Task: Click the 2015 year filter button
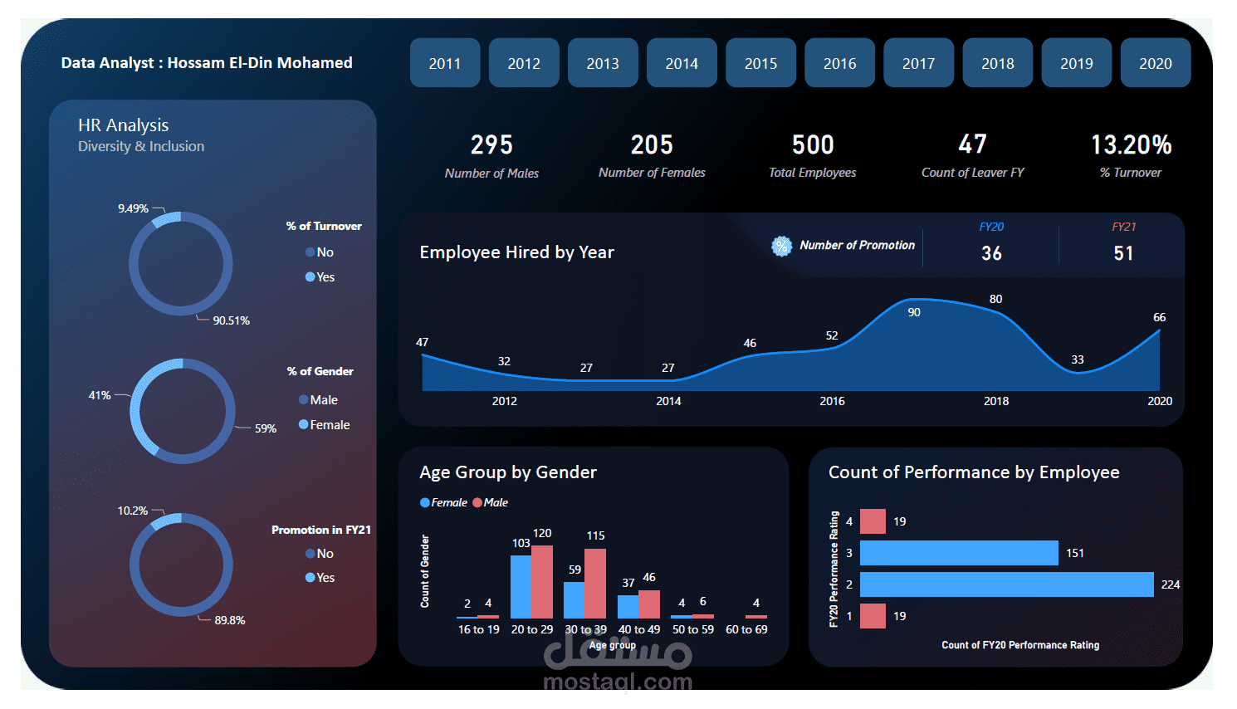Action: tap(760, 63)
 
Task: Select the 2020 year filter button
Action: tap(1155, 63)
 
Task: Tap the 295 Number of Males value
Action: tap(491, 145)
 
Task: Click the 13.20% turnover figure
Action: tap(1131, 145)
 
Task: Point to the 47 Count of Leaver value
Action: tap(972, 144)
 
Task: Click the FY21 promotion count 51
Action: tap(1123, 253)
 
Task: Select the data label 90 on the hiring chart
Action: tap(913, 312)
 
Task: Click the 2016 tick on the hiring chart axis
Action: tap(832, 401)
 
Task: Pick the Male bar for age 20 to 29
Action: tap(542, 581)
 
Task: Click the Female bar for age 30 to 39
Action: tap(574, 599)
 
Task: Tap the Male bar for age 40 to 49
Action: tap(649, 604)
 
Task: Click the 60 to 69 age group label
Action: tap(746, 629)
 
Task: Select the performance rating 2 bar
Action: tap(1006, 584)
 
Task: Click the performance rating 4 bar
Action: tap(873, 521)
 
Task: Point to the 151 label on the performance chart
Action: tap(1074, 553)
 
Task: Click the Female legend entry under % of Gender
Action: tap(329, 425)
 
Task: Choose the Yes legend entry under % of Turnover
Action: tap(325, 277)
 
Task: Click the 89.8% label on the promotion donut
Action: tap(229, 620)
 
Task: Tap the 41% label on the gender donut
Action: tap(100, 395)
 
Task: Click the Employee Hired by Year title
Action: tap(516, 252)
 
